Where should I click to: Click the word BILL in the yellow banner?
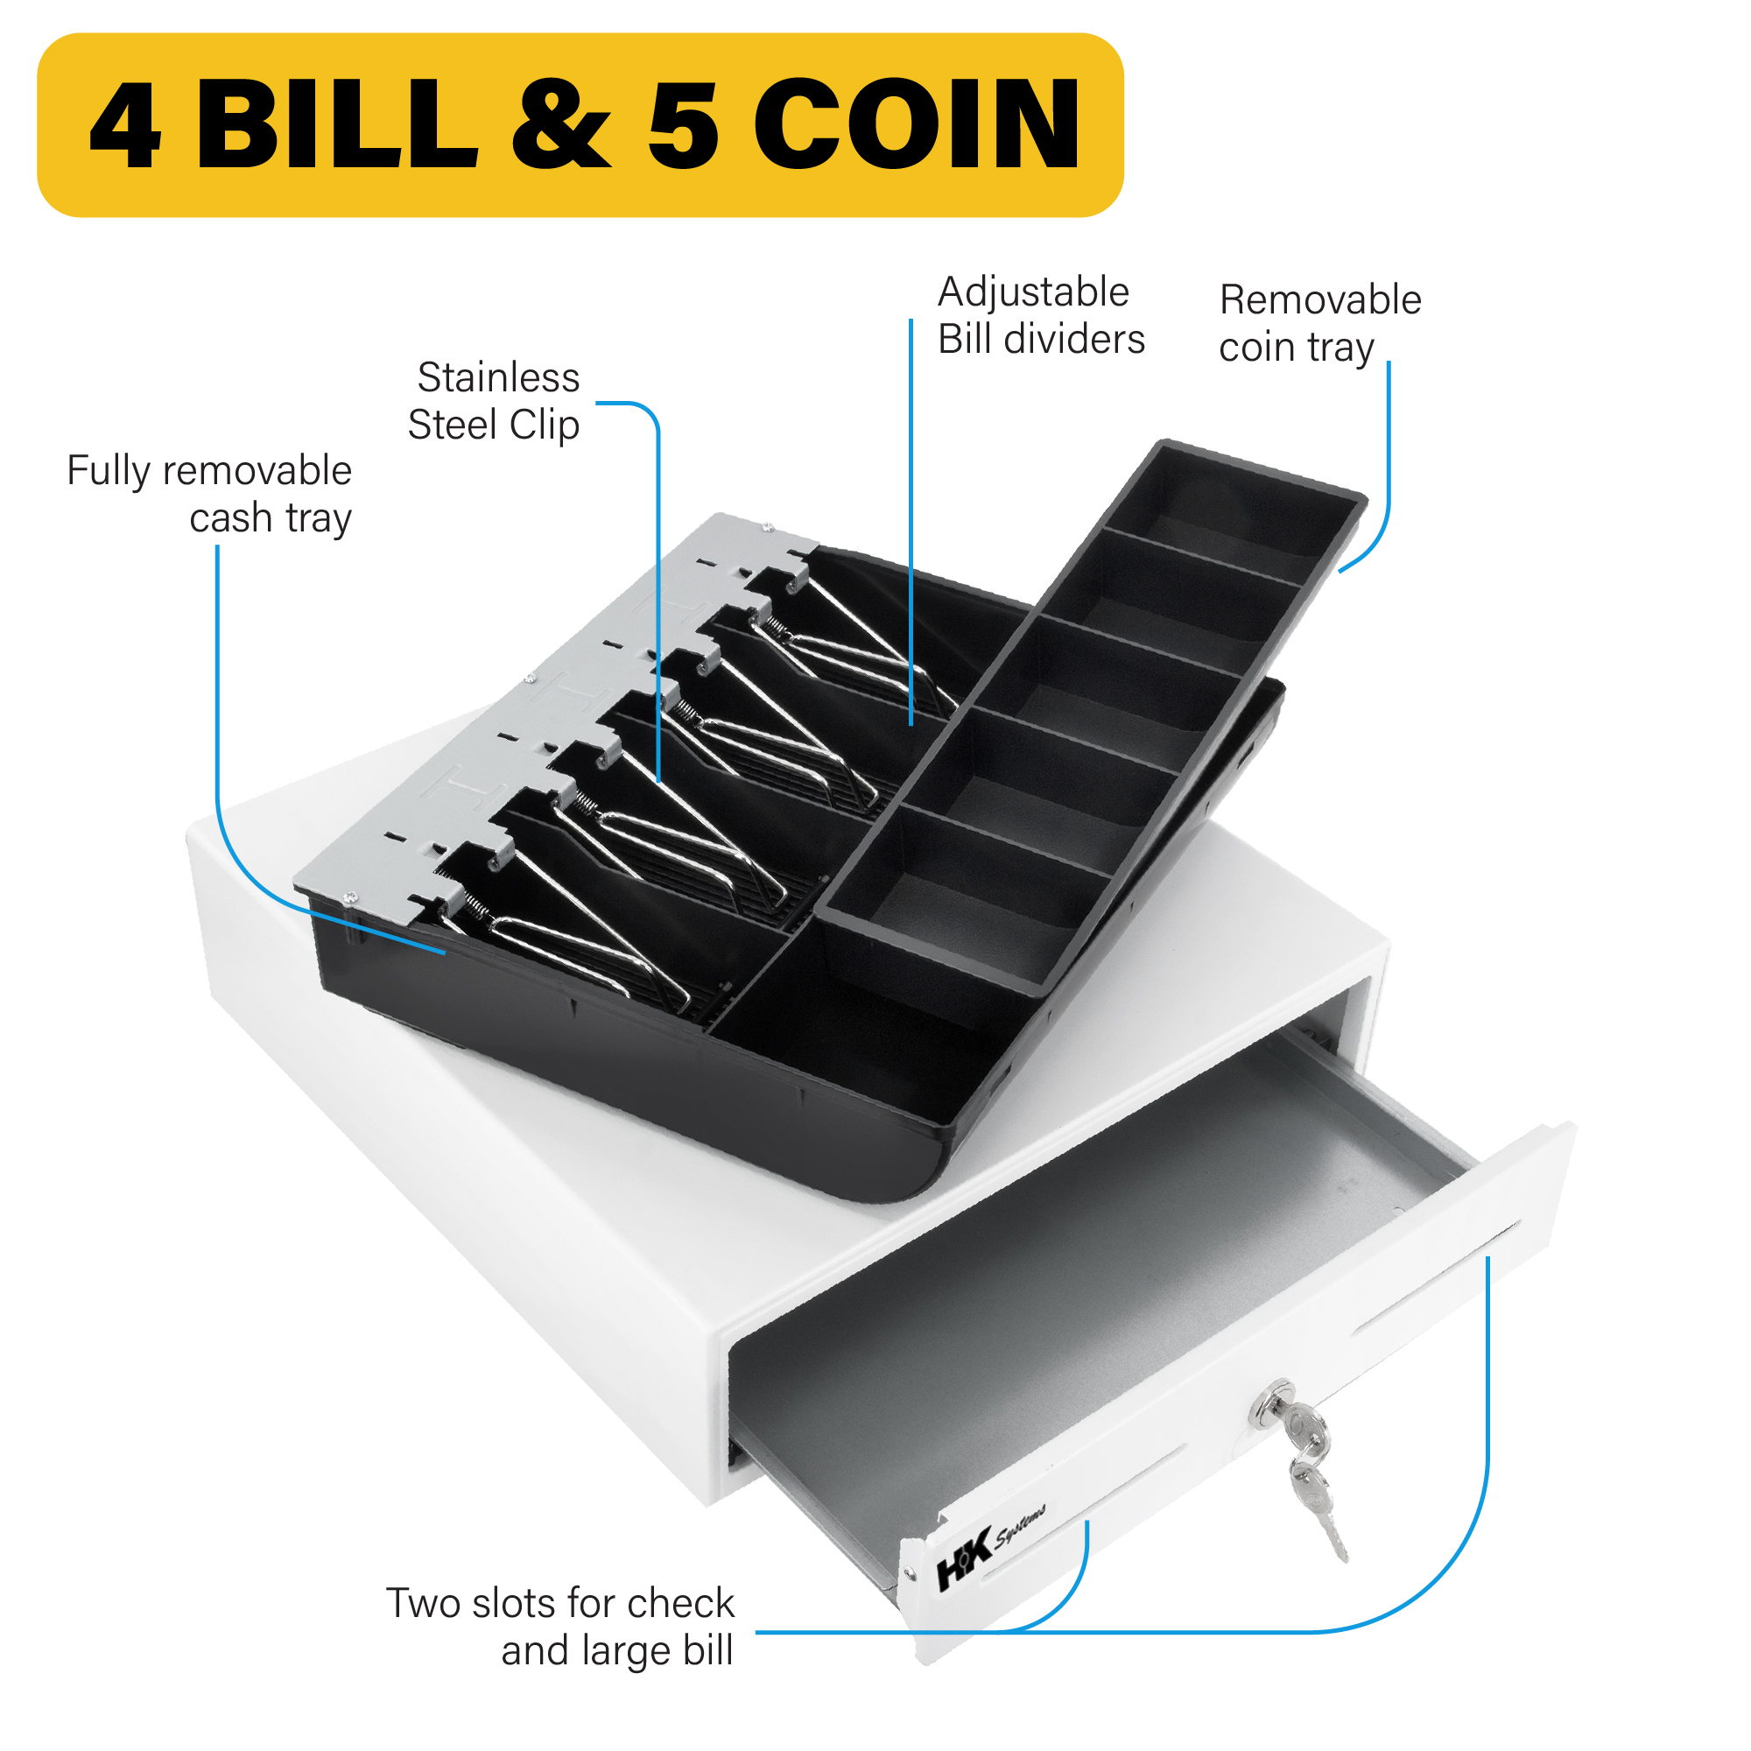click(x=337, y=124)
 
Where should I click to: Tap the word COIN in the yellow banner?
click(x=917, y=124)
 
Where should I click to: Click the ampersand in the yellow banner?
click(x=561, y=124)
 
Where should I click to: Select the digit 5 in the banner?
click(x=684, y=125)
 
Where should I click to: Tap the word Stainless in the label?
click(x=497, y=377)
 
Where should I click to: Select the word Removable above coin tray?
click(x=1320, y=300)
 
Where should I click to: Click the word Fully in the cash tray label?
click(x=108, y=472)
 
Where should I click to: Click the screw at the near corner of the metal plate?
click(x=349, y=898)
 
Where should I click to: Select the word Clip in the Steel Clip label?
click(x=544, y=426)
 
